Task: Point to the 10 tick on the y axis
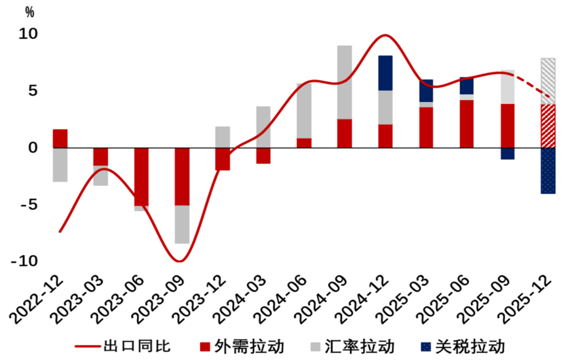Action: point(29,34)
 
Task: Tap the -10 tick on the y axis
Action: point(24,261)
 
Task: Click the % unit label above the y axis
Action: point(29,12)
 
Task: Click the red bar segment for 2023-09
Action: point(181,177)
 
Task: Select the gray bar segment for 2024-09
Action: point(345,82)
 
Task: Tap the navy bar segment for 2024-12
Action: point(385,73)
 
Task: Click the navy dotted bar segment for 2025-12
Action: point(548,171)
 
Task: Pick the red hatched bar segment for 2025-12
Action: point(548,126)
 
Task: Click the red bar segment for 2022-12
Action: point(60,139)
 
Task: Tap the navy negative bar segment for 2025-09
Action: point(508,154)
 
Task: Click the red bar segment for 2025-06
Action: point(466,124)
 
